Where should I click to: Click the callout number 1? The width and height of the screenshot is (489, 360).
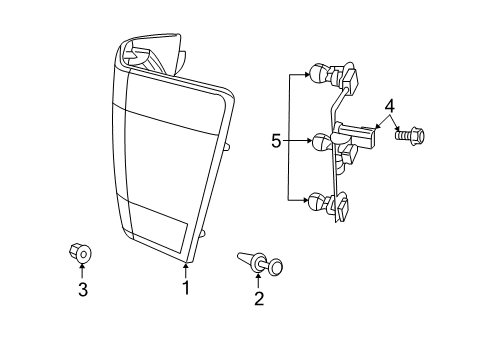coord(185,288)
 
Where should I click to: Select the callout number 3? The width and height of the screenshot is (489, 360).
coord(83,290)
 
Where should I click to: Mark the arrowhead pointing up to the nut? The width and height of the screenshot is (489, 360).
coord(83,271)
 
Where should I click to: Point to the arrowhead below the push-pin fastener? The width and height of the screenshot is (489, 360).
coord(259,277)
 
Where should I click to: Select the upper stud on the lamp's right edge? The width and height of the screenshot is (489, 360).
coord(227,147)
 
